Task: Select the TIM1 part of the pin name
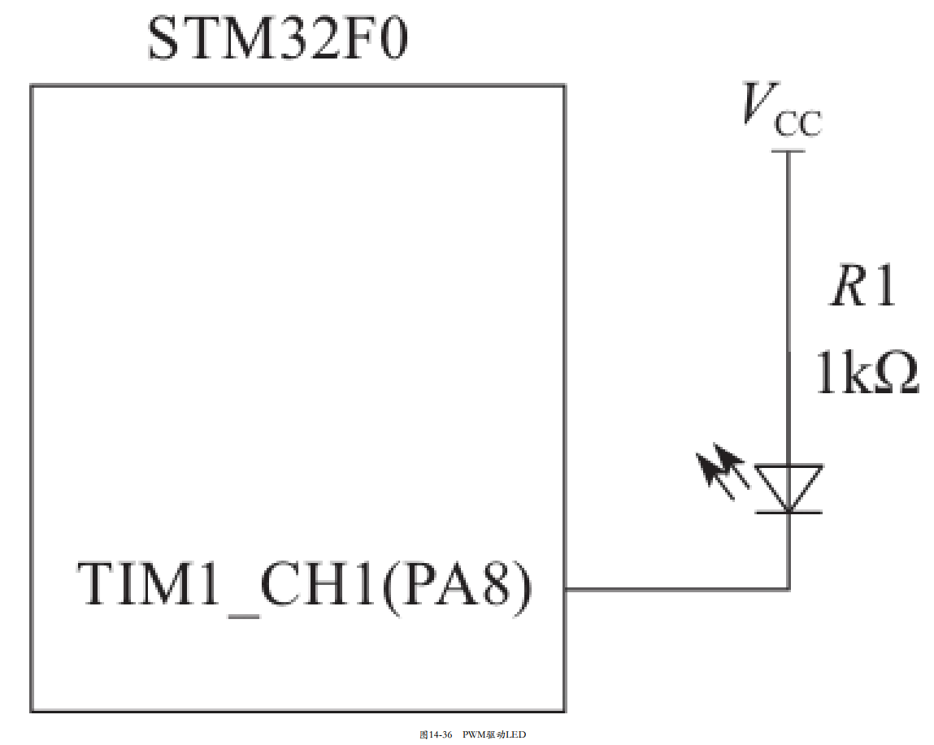[151, 584]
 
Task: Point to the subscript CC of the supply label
[797, 126]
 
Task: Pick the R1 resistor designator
[862, 288]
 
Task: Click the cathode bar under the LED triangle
[788, 512]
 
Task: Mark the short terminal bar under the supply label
[788, 151]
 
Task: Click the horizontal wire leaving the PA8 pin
[675, 587]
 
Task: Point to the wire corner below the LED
[788, 587]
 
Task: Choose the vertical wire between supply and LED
[788, 309]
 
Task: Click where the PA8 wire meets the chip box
[565, 587]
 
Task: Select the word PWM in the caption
[474, 734]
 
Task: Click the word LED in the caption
[517, 734]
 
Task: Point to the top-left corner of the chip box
[32, 85]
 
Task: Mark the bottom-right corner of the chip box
[565, 712]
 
